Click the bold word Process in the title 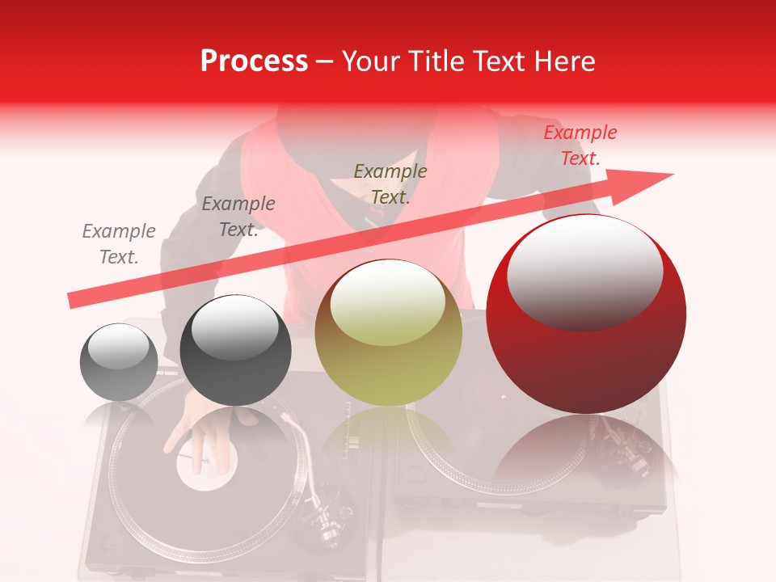tap(254, 61)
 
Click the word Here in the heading tap(563, 61)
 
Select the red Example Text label tap(580, 145)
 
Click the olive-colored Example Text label tap(390, 184)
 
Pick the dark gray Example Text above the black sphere tap(238, 217)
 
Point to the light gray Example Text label tap(119, 244)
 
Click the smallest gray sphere tap(119, 362)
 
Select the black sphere tap(235, 351)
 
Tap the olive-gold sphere tap(388, 333)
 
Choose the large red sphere tap(586, 315)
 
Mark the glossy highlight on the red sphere tap(584, 271)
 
